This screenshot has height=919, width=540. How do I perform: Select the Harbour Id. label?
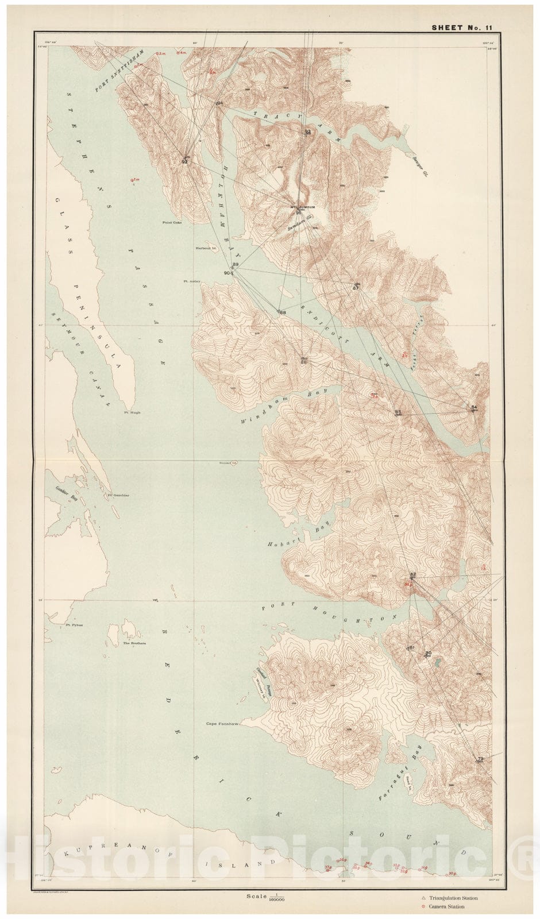pyautogui.click(x=205, y=249)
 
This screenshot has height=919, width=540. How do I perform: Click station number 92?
pyautogui.click(x=184, y=162)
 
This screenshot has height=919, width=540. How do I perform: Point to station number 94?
pyautogui.click(x=219, y=103)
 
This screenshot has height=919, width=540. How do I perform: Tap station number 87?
pyautogui.click(x=356, y=288)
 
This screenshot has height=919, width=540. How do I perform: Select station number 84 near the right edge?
pyautogui.click(x=474, y=407)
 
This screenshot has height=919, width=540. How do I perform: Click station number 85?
pyautogui.click(x=398, y=412)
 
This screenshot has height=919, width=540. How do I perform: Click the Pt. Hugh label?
pyautogui.click(x=132, y=412)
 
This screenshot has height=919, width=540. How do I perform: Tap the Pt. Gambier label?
pyautogui.click(x=117, y=495)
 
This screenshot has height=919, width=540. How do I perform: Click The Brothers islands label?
pyautogui.click(x=134, y=643)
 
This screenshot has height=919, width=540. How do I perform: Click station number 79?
pyautogui.click(x=480, y=759)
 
